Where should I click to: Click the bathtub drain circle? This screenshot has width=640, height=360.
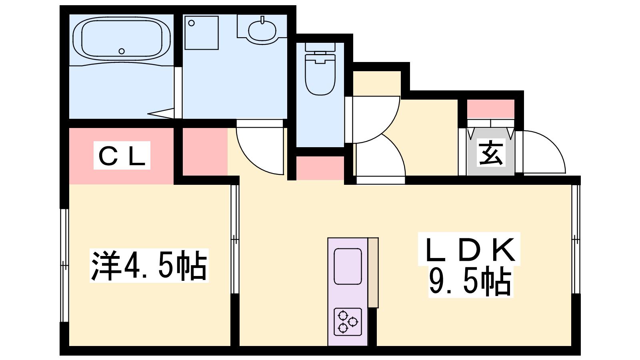tap(122, 52)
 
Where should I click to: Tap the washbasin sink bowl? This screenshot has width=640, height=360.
tap(262, 30)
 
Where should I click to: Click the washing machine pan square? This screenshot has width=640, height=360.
tap(202, 33)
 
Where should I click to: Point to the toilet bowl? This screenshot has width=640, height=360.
tap(320, 74)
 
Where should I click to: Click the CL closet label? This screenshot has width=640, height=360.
tap(122, 156)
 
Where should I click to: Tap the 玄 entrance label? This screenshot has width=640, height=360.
tap(491, 152)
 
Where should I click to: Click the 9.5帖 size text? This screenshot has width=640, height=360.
tap(470, 282)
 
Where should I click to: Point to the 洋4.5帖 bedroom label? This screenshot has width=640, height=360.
tap(149, 266)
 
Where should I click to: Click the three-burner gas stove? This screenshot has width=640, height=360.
tap(348, 322)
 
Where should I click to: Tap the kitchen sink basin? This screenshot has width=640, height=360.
tap(348, 266)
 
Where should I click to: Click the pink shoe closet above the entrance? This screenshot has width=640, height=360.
tap(490, 109)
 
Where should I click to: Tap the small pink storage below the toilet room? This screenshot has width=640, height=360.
tap(320, 168)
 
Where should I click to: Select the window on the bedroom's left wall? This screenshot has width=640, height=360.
tap(64, 266)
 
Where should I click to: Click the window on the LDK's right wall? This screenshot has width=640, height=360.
tap(576, 240)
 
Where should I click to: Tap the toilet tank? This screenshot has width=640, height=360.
tap(320, 47)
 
